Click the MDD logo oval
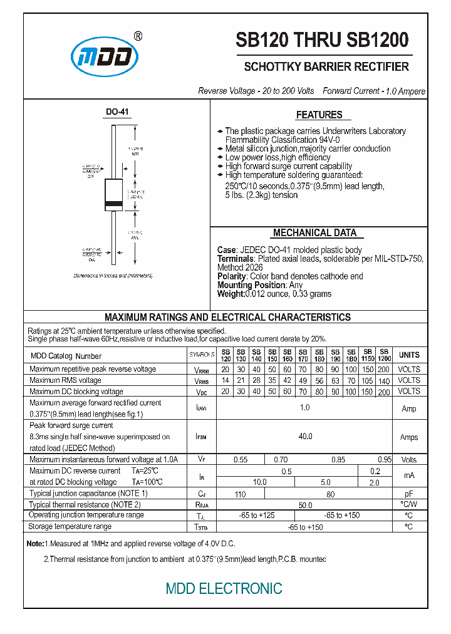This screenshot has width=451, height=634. pos(105,57)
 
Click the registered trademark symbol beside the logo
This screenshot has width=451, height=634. pos(138,36)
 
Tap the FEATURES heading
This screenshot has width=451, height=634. pos(319,115)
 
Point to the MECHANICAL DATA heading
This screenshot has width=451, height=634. pos(314,233)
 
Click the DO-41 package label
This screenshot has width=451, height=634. pos(117,112)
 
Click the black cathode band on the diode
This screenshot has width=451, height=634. pos(113,205)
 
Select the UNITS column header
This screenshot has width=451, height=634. pos(409,355)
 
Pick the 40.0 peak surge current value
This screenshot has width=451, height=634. pos(305,436)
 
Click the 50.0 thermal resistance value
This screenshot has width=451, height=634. pos(305,504)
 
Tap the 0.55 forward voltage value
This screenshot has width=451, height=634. pos(241,460)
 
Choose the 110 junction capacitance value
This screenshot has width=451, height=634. pos(241,494)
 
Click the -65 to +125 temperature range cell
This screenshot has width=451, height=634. pos(257,515)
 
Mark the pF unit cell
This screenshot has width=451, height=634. pos(409,494)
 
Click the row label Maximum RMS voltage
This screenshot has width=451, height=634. pos(65,380)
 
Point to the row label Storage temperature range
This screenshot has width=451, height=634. pos(70,526)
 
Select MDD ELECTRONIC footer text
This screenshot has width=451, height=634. pos(224,589)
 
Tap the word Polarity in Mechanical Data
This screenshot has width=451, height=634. pos(232,276)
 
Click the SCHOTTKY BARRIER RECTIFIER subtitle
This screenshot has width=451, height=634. pos(326,66)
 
